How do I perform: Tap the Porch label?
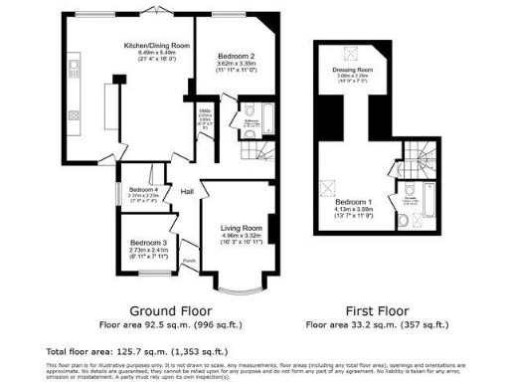189,262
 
